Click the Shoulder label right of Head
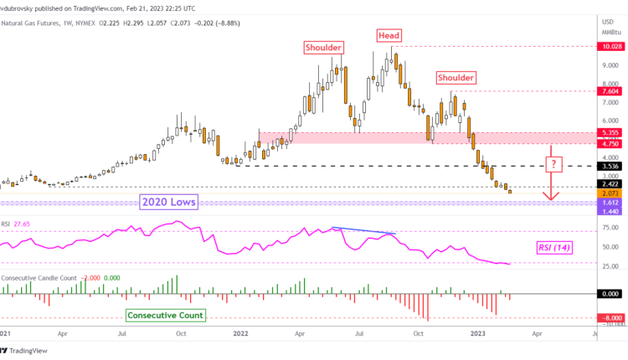[x=454, y=77]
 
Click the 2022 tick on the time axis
[x=239, y=332]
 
